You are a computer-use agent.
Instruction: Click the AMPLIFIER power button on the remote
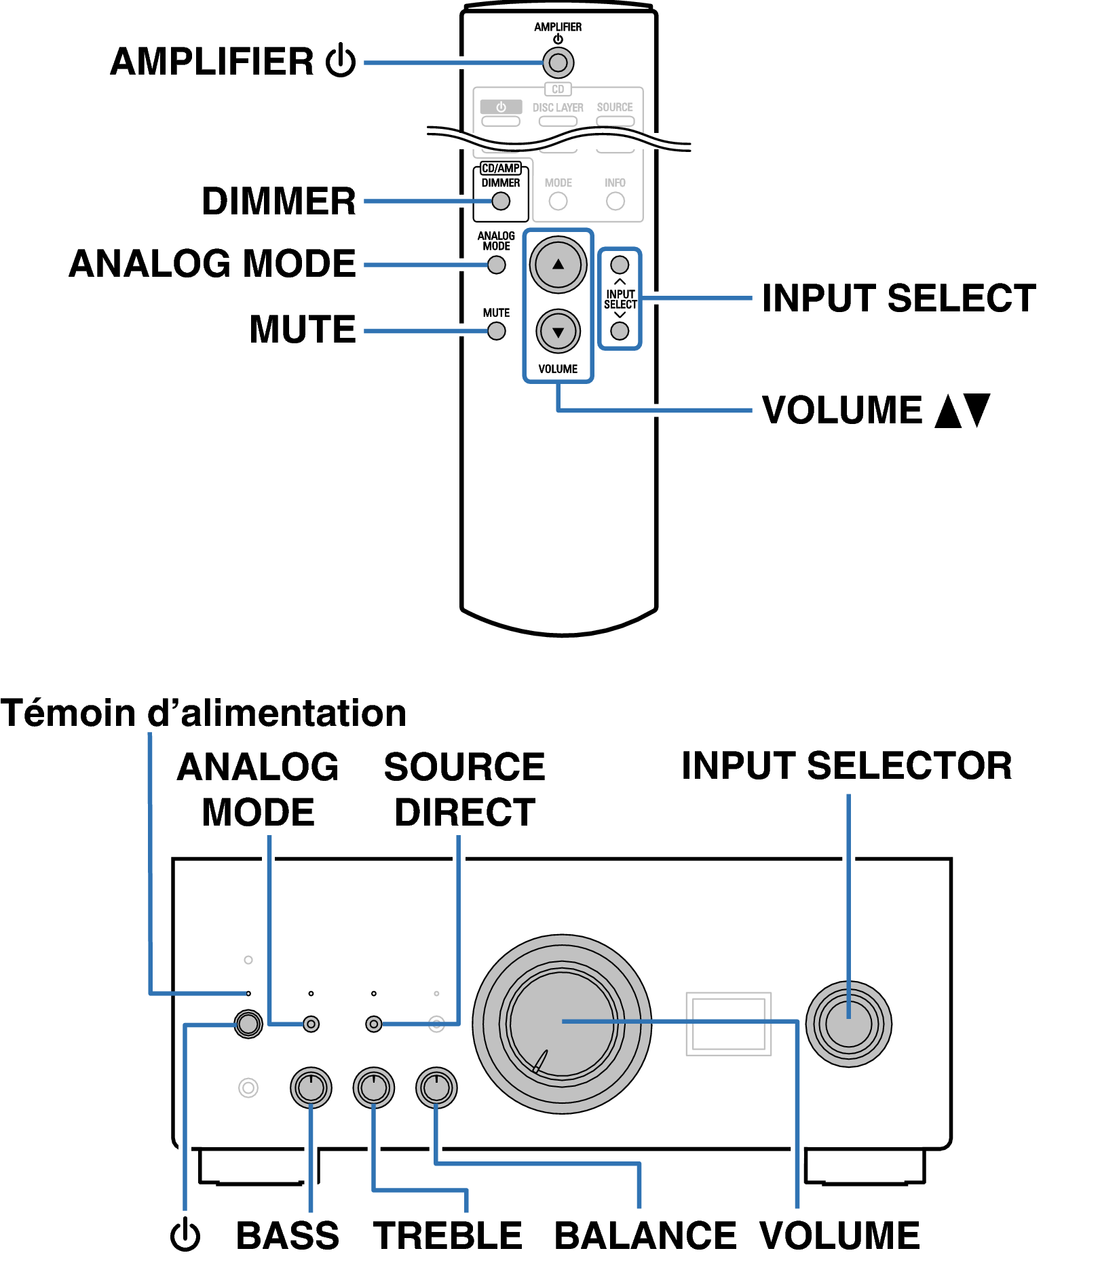[x=558, y=63]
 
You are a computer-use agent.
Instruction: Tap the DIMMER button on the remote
[x=501, y=201]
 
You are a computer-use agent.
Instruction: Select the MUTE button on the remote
[x=497, y=331]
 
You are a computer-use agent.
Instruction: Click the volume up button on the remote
[x=558, y=265]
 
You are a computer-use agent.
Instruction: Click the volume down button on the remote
[x=558, y=332]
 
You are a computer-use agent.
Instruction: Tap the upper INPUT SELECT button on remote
[x=620, y=265]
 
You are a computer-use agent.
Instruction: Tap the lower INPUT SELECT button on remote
[x=620, y=331]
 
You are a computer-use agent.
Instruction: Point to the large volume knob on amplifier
[x=562, y=1024]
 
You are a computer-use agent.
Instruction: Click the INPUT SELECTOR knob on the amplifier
[x=848, y=1024]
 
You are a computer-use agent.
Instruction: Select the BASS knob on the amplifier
[x=311, y=1088]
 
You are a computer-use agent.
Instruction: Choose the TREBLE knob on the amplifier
[x=373, y=1088]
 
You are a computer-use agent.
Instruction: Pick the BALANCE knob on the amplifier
[x=436, y=1088]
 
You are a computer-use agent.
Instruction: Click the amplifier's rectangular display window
[x=728, y=1024]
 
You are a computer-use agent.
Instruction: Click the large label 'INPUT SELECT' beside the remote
[x=898, y=298]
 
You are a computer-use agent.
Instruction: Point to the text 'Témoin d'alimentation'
[x=204, y=713]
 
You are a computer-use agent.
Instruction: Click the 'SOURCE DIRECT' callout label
[x=465, y=790]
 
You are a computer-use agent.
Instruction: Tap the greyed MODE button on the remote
[x=558, y=201]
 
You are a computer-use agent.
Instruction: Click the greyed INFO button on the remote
[x=615, y=201]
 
